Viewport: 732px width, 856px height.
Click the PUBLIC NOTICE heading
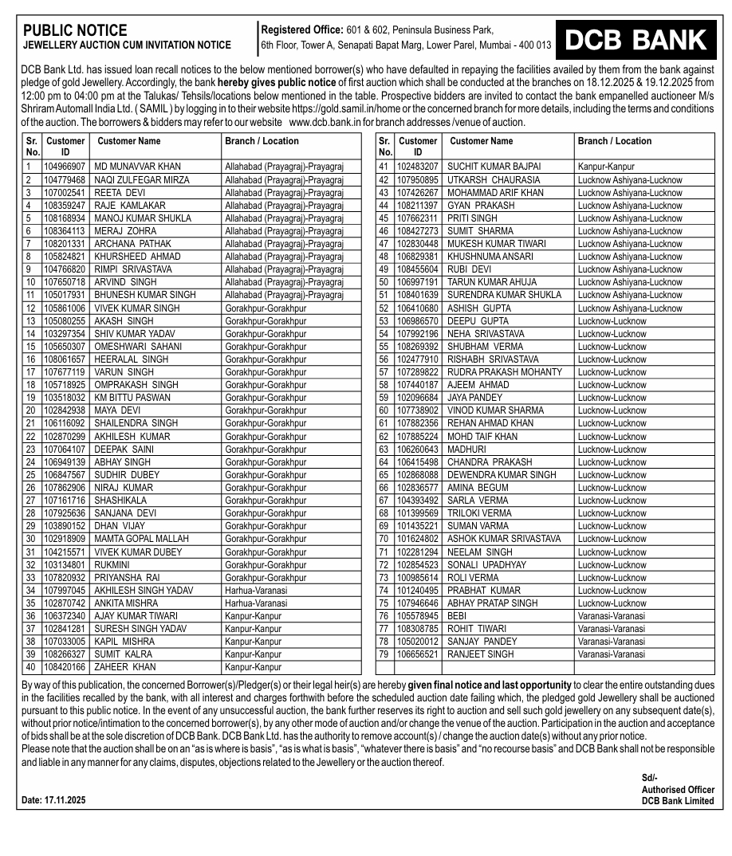(x=75, y=30)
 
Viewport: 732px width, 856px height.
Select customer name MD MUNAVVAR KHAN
(x=137, y=167)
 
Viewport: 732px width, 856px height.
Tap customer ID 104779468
(x=65, y=179)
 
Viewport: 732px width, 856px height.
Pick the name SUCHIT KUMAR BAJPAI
(x=494, y=167)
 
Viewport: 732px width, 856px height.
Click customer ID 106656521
(x=418, y=654)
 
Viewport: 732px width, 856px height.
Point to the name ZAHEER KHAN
(x=125, y=667)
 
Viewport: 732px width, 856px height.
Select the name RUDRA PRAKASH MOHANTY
(x=504, y=371)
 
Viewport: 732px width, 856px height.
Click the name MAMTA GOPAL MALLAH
(x=141, y=539)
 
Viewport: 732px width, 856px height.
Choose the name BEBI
(x=457, y=616)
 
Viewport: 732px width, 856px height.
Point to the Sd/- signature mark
(x=650, y=778)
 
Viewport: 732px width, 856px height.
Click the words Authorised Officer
(x=677, y=790)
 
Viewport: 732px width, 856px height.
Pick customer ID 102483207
(x=418, y=167)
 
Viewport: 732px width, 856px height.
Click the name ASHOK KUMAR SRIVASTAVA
(x=504, y=539)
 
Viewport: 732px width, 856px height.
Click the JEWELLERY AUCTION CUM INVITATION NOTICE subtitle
(x=128, y=45)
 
